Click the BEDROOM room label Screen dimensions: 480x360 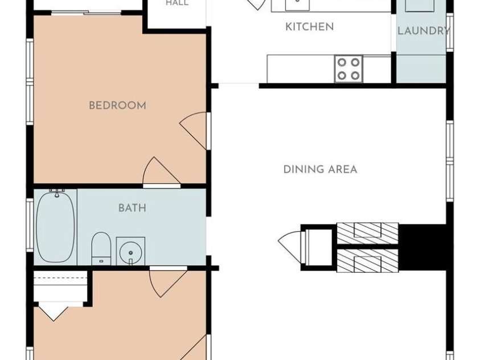[x=117, y=105]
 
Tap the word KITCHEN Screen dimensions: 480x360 [x=310, y=27]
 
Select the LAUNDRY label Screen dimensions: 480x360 [x=424, y=31]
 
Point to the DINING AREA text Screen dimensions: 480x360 [x=320, y=169]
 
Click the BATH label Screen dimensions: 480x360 [x=132, y=208]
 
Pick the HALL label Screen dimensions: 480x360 [x=177, y=3]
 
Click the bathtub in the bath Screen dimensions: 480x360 [x=55, y=227]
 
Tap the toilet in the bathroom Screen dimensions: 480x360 [x=101, y=248]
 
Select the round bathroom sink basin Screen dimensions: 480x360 [x=131, y=253]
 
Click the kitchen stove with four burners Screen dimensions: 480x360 [x=348, y=68]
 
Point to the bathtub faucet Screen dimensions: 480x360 [x=57, y=193]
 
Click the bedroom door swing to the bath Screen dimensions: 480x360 [x=161, y=170]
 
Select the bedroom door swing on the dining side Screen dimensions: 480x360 [x=193, y=130]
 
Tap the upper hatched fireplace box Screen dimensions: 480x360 [x=367, y=234]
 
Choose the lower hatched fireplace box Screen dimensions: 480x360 [x=367, y=260]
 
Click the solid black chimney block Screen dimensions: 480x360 [x=422, y=247]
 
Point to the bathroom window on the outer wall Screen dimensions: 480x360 [x=30, y=225]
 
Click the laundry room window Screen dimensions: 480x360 [x=450, y=32]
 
